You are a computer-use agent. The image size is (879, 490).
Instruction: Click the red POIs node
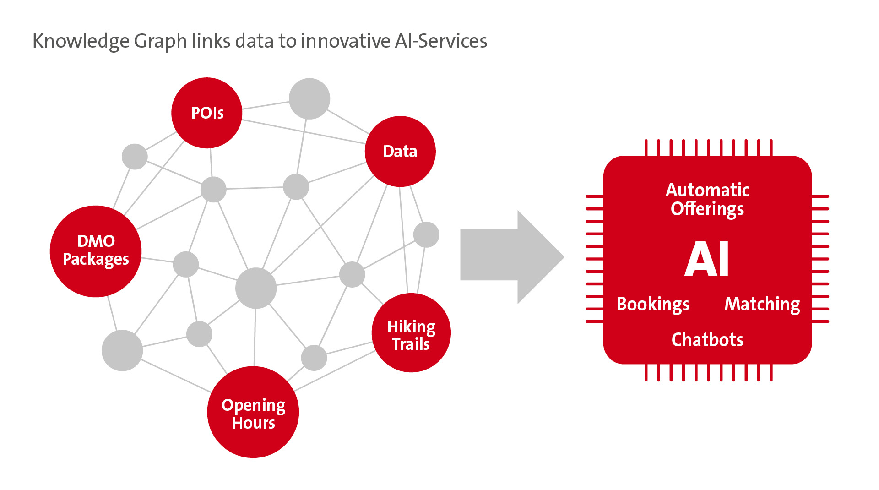click(206, 113)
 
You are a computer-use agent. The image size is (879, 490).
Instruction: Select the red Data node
click(400, 152)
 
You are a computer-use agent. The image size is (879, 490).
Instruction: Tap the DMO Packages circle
click(96, 251)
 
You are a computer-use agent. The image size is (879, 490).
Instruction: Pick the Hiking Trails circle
click(411, 333)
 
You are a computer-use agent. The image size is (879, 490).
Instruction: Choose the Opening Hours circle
click(253, 412)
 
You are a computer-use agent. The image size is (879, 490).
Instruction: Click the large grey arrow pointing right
click(512, 257)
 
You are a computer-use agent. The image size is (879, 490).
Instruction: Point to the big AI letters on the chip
click(706, 259)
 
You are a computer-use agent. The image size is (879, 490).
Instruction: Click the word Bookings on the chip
click(653, 305)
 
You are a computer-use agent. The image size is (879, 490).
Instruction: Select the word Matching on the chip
click(762, 305)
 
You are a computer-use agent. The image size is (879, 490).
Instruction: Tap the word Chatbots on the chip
click(707, 340)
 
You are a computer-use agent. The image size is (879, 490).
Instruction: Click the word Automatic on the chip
click(707, 190)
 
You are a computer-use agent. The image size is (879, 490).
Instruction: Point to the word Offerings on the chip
click(707, 209)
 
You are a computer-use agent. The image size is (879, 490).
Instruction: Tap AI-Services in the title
click(441, 41)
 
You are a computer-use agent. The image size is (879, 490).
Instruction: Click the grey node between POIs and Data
click(309, 99)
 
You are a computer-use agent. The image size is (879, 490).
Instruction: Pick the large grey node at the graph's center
click(256, 289)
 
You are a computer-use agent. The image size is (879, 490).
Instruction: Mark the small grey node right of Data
click(426, 235)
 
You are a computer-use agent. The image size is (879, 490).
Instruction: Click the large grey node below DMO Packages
click(122, 351)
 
